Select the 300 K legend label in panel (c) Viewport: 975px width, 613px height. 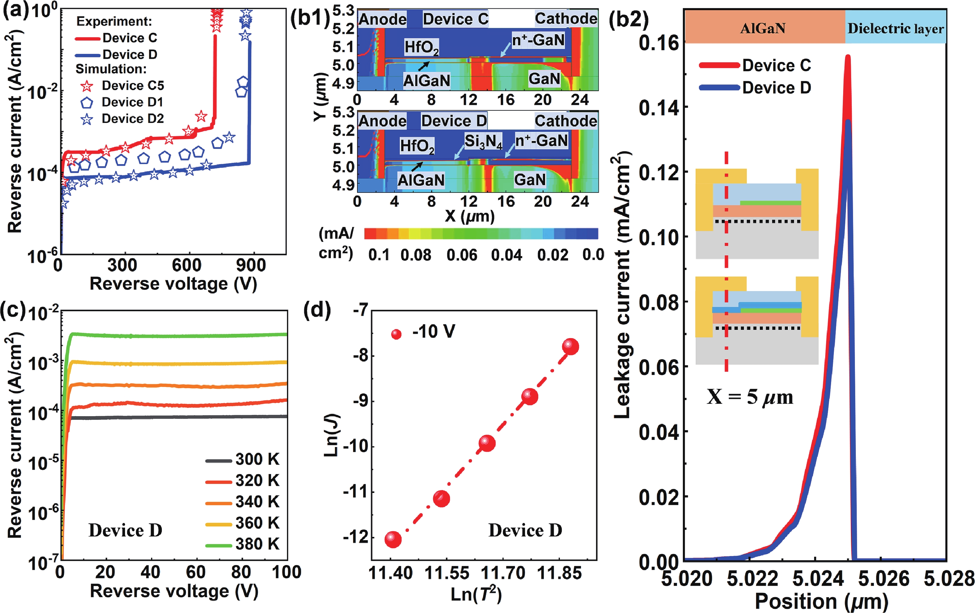click(257, 459)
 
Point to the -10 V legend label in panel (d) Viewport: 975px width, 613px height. click(433, 332)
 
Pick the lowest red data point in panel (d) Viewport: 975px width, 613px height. click(392, 539)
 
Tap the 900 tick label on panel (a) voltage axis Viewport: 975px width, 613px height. click(251, 266)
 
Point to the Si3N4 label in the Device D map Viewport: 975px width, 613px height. click(483, 141)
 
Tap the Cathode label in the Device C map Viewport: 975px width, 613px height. click(565, 19)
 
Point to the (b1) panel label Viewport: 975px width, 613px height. click(310, 19)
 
